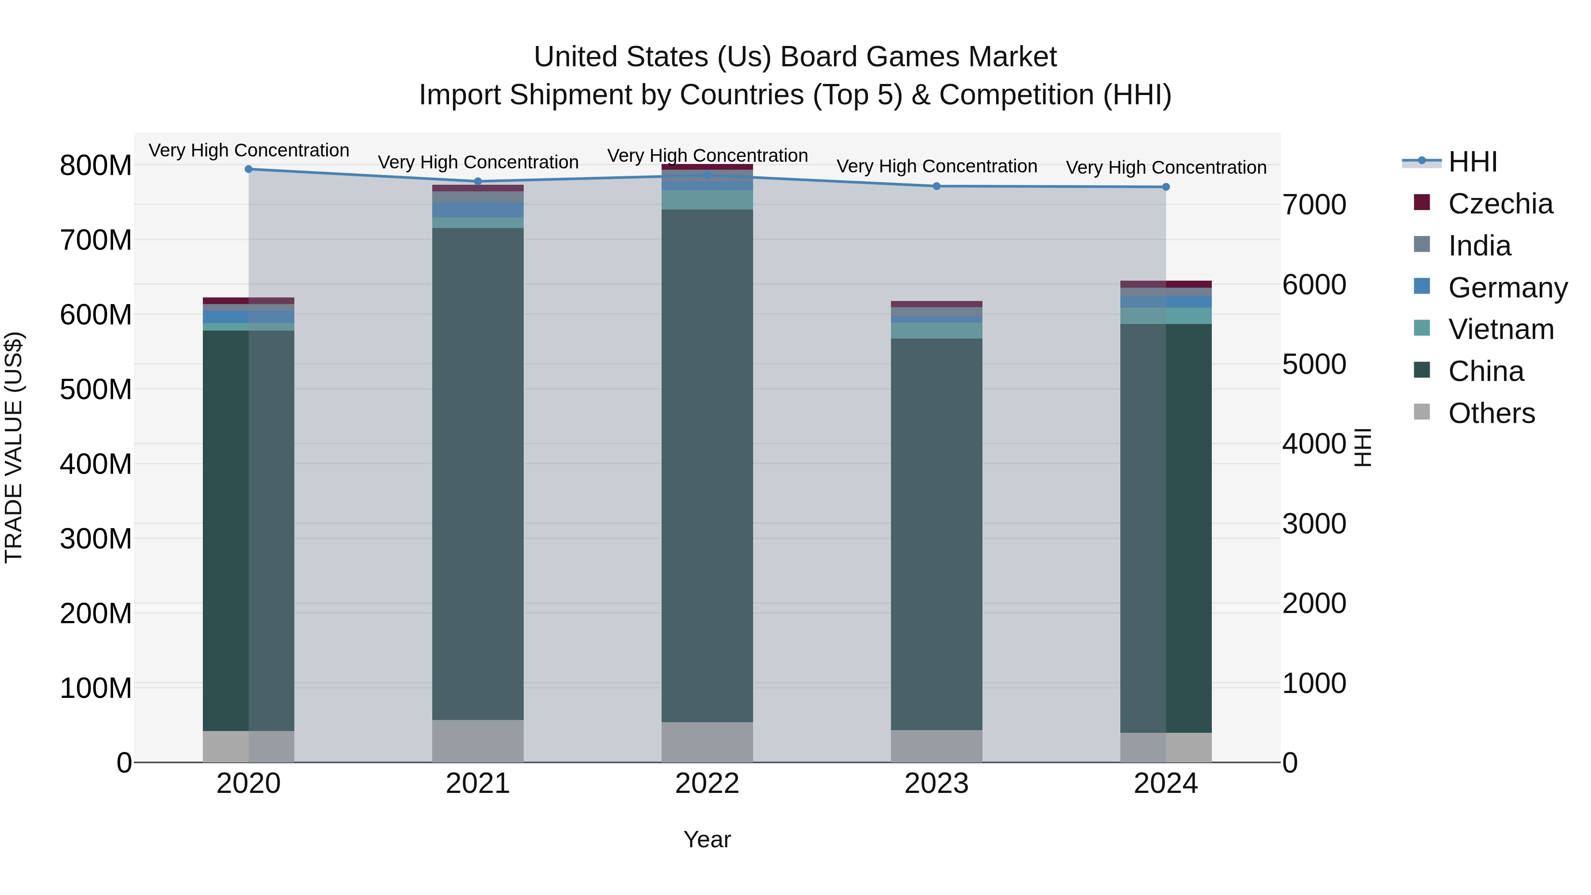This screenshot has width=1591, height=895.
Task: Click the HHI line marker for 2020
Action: click(x=248, y=169)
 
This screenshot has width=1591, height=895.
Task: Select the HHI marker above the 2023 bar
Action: click(x=936, y=186)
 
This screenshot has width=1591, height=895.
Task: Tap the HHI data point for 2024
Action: click(x=1165, y=187)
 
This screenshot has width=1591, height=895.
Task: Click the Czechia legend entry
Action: click(x=1500, y=204)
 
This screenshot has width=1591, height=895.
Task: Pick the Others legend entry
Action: click(x=1491, y=413)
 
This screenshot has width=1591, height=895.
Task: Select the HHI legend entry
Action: click(x=1473, y=162)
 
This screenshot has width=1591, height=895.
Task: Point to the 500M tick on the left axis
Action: click(x=96, y=390)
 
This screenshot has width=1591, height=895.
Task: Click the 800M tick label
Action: click(x=96, y=166)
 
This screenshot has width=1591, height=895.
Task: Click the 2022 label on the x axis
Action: click(x=707, y=784)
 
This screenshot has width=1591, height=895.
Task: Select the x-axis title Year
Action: click(x=707, y=839)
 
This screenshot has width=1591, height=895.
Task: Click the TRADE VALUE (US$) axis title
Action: click(x=14, y=447)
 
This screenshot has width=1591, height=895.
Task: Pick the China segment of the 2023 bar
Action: click(x=936, y=534)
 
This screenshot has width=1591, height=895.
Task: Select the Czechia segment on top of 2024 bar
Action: click(x=1165, y=284)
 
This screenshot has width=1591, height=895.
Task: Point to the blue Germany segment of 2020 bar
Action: click(x=248, y=317)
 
